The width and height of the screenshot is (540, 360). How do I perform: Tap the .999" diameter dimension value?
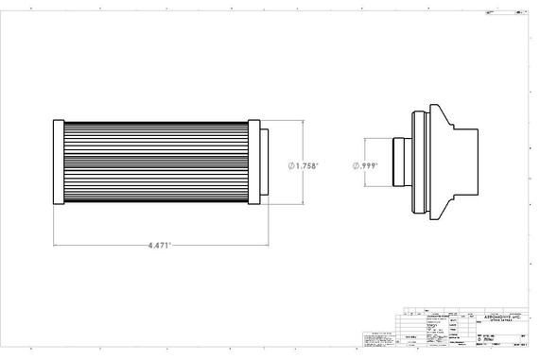[369, 164]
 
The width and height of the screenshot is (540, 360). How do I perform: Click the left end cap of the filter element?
[58, 163]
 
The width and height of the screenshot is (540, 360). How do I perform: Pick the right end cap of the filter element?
[253, 163]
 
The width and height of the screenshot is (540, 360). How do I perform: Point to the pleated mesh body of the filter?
[155, 163]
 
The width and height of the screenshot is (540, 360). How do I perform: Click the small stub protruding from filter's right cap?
[263, 163]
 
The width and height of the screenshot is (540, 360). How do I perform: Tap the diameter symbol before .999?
[357, 164]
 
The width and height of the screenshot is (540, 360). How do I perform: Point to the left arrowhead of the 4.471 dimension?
[56, 244]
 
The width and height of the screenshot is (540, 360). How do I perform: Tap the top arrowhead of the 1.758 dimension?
[301, 124]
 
